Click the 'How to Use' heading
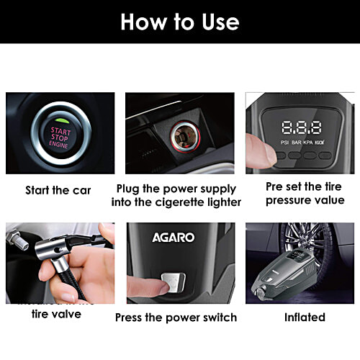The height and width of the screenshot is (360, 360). (180, 21)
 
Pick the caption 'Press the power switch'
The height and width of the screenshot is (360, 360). (176, 317)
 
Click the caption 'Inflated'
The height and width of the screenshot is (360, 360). (305, 317)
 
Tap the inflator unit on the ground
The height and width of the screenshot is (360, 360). (288, 276)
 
